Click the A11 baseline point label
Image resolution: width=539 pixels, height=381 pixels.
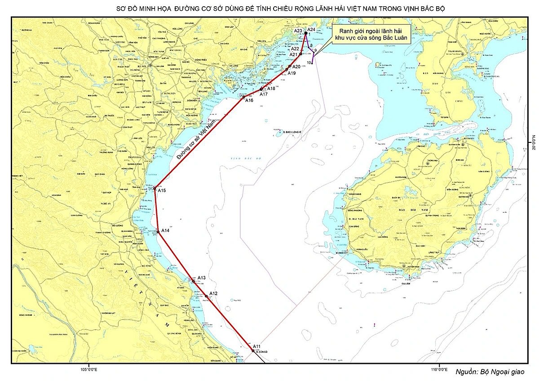click(x=256, y=346)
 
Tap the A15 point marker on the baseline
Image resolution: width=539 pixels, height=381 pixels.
click(x=155, y=188)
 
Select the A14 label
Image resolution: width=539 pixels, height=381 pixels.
click(x=165, y=230)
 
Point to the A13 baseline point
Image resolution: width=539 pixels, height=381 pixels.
click(x=194, y=281)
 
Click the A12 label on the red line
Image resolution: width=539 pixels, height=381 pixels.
click(x=213, y=293)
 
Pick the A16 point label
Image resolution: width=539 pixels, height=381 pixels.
click(x=249, y=101)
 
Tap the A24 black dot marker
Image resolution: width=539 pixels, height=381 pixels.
click(x=305, y=33)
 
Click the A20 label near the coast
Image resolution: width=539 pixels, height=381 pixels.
click(x=296, y=66)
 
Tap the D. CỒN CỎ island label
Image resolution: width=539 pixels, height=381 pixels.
click(x=262, y=352)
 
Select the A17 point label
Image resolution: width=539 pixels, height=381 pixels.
click(x=264, y=94)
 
